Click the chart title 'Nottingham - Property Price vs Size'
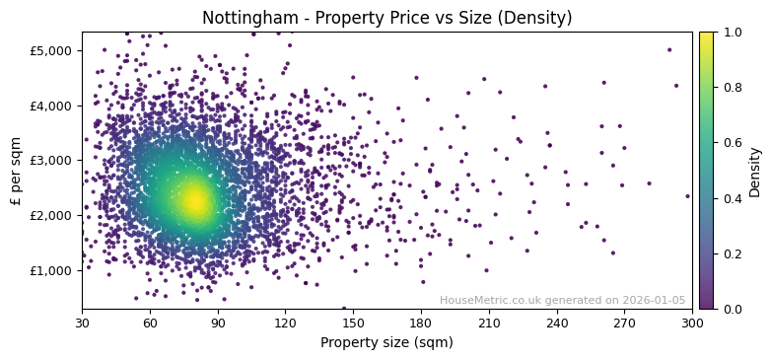click(x=386, y=18)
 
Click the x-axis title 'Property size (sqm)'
click(x=386, y=343)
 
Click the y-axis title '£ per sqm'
click(x=16, y=171)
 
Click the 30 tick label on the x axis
click(x=82, y=323)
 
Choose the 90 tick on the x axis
click(x=218, y=323)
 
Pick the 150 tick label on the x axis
click(x=353, y=323)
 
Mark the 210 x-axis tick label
click(x=489, y=323)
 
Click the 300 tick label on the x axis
click(x=692, y=323)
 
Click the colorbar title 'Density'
click(x=755, y=171)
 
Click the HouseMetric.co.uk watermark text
click(x=562, y=300)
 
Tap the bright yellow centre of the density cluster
click(x=194, y=201)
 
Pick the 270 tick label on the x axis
click(x=624, y=323)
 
